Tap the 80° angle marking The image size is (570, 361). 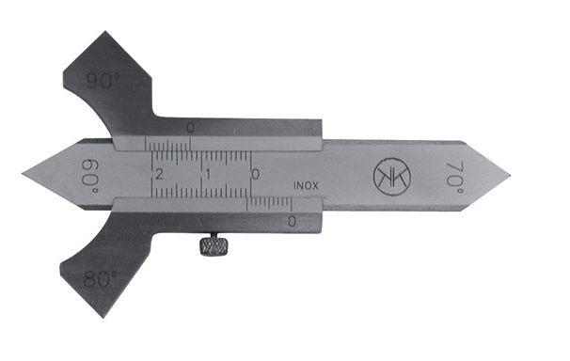coord(100,279)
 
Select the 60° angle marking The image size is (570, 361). coord(89,177)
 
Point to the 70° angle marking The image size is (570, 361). coord(454,179)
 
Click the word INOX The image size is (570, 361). coord(306,186)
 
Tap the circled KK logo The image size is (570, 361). coord(392,177)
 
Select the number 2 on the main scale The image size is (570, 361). coord(159,174)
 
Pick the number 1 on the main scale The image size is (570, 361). coord(208,174)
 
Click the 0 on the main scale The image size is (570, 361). coord(256,174)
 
